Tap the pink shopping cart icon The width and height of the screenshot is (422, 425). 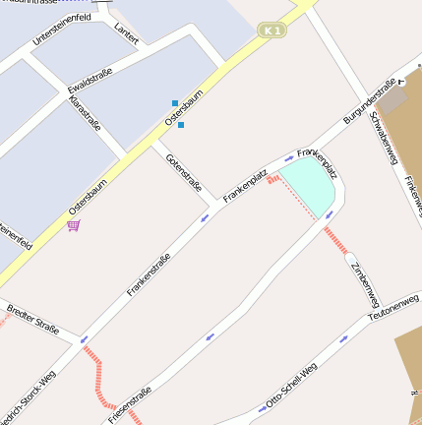(x=74, y=225)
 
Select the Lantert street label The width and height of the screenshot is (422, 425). (x=126, y=33)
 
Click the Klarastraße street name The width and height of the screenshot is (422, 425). (x=85, y=114)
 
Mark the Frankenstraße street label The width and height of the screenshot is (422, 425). (x=149, y=274)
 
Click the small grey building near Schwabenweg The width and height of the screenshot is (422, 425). (x=392, y=98)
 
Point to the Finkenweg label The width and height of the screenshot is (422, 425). (x=411, y=191)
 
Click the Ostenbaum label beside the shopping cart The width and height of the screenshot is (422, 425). (x=88, y=197)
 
